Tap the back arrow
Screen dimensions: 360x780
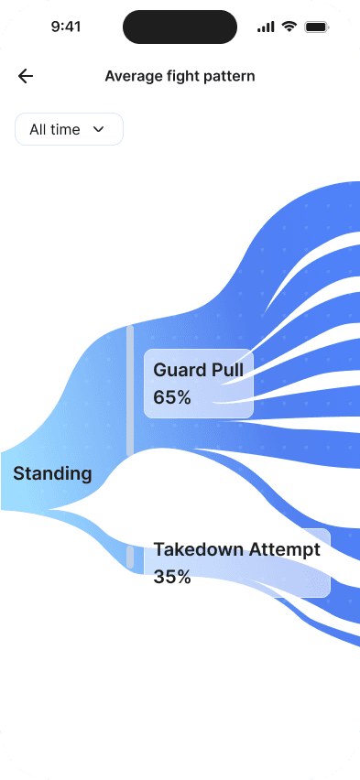[x=26, y=76]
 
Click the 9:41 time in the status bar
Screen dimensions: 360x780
[x=67, y=27]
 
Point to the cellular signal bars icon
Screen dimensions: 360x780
[x=266, y=27]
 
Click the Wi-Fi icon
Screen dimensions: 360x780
[x=289, y=27]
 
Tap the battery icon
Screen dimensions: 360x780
[x=317, y=27]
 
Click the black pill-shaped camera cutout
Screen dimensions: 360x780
[x=180, y=27]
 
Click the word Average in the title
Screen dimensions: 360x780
[x=133, y=76]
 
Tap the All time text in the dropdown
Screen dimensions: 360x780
[x=55, y=130]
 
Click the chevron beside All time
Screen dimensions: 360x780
[x=99, y=130]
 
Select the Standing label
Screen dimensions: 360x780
[x=52, y=473]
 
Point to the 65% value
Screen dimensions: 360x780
[x=172, y=397]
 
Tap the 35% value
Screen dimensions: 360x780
[x=172, y=577]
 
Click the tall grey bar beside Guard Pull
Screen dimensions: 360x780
[x=130, y=390]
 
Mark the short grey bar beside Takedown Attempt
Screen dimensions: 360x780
[x=130, y=558]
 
